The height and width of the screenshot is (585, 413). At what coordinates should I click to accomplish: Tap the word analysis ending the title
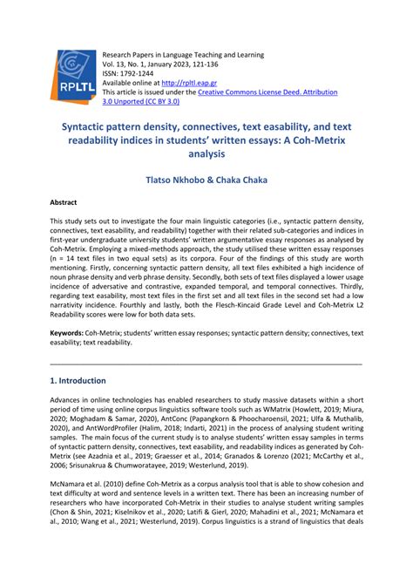pos(206,153)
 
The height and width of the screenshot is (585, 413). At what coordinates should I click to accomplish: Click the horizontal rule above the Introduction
pos(206,364)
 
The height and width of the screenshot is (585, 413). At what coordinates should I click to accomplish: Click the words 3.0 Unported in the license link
pos(125,102)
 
